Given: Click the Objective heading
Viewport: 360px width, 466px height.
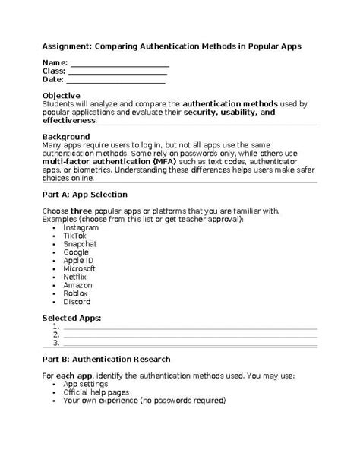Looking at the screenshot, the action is coord(62,95).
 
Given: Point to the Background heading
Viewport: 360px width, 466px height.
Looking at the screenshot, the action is coord(66,137).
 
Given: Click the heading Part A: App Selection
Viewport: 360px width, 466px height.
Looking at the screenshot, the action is coord(90,195).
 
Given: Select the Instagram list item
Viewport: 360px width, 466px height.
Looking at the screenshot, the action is coord(81,227).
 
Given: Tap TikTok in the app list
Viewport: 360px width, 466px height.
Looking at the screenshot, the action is coord(75,236).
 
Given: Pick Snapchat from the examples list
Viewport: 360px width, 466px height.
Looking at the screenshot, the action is coord(81,244).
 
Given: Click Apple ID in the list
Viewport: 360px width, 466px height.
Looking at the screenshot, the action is coord(79,260).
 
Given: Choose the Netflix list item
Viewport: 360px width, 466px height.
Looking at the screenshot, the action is coord(76,277).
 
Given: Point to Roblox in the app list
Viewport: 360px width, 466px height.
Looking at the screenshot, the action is coord(76,293).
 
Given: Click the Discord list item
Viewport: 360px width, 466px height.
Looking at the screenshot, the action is coord(77,301).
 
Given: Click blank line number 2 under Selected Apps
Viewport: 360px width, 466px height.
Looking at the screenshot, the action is coord(190,334).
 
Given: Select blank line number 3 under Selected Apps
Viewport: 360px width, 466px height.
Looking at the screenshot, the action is coord(190,343).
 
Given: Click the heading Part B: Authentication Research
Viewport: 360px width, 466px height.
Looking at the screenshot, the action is coord(106,359).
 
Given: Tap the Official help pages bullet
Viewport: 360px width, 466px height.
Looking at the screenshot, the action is coord(96,392).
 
